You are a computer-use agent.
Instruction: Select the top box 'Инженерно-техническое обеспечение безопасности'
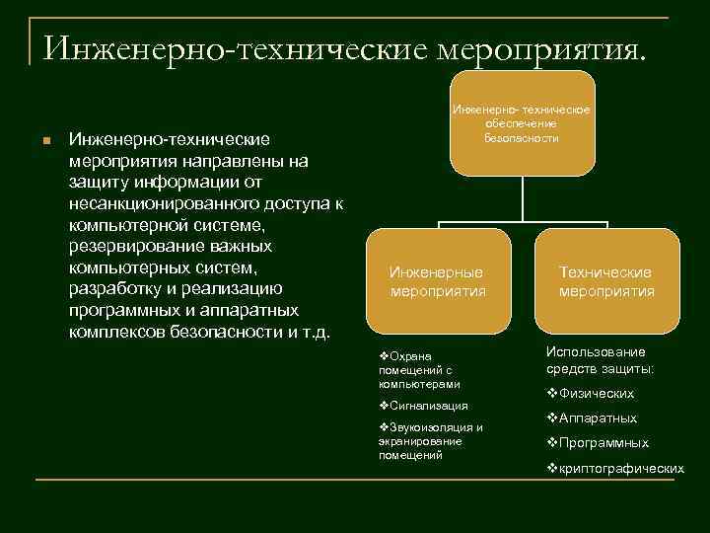[521, 121]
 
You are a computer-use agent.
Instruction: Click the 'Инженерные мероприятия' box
[438, 281]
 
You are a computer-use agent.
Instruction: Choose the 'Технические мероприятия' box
[606, 281]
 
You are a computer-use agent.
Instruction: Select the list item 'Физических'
[596, 393]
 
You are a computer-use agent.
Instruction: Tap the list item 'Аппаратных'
[598, 419]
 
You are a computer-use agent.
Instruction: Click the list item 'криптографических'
[621, 469]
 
